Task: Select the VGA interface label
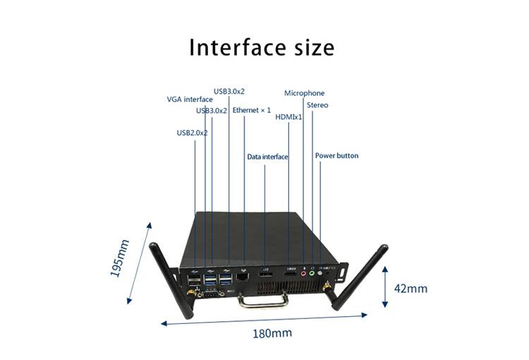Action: coord(190,100)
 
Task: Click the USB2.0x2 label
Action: coord(192,133)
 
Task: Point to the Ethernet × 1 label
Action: coord(252,110)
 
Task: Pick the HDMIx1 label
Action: coord(288,117)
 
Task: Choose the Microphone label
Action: coord(304,93)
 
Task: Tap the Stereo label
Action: coord(317,105)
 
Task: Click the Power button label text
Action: coord(336,156)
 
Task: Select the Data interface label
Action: coord(267,157)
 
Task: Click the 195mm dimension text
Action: coord(120,258)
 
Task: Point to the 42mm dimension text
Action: coord(411,289)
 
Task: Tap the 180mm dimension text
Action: coord(272,333)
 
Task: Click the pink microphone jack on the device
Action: coord(303,273)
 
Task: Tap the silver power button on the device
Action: coord(320,272)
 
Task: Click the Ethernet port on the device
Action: coord(243,277)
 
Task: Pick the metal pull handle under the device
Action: coord(264,301)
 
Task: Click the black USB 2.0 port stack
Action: coord(194,280)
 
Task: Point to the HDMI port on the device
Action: coord(291,274)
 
